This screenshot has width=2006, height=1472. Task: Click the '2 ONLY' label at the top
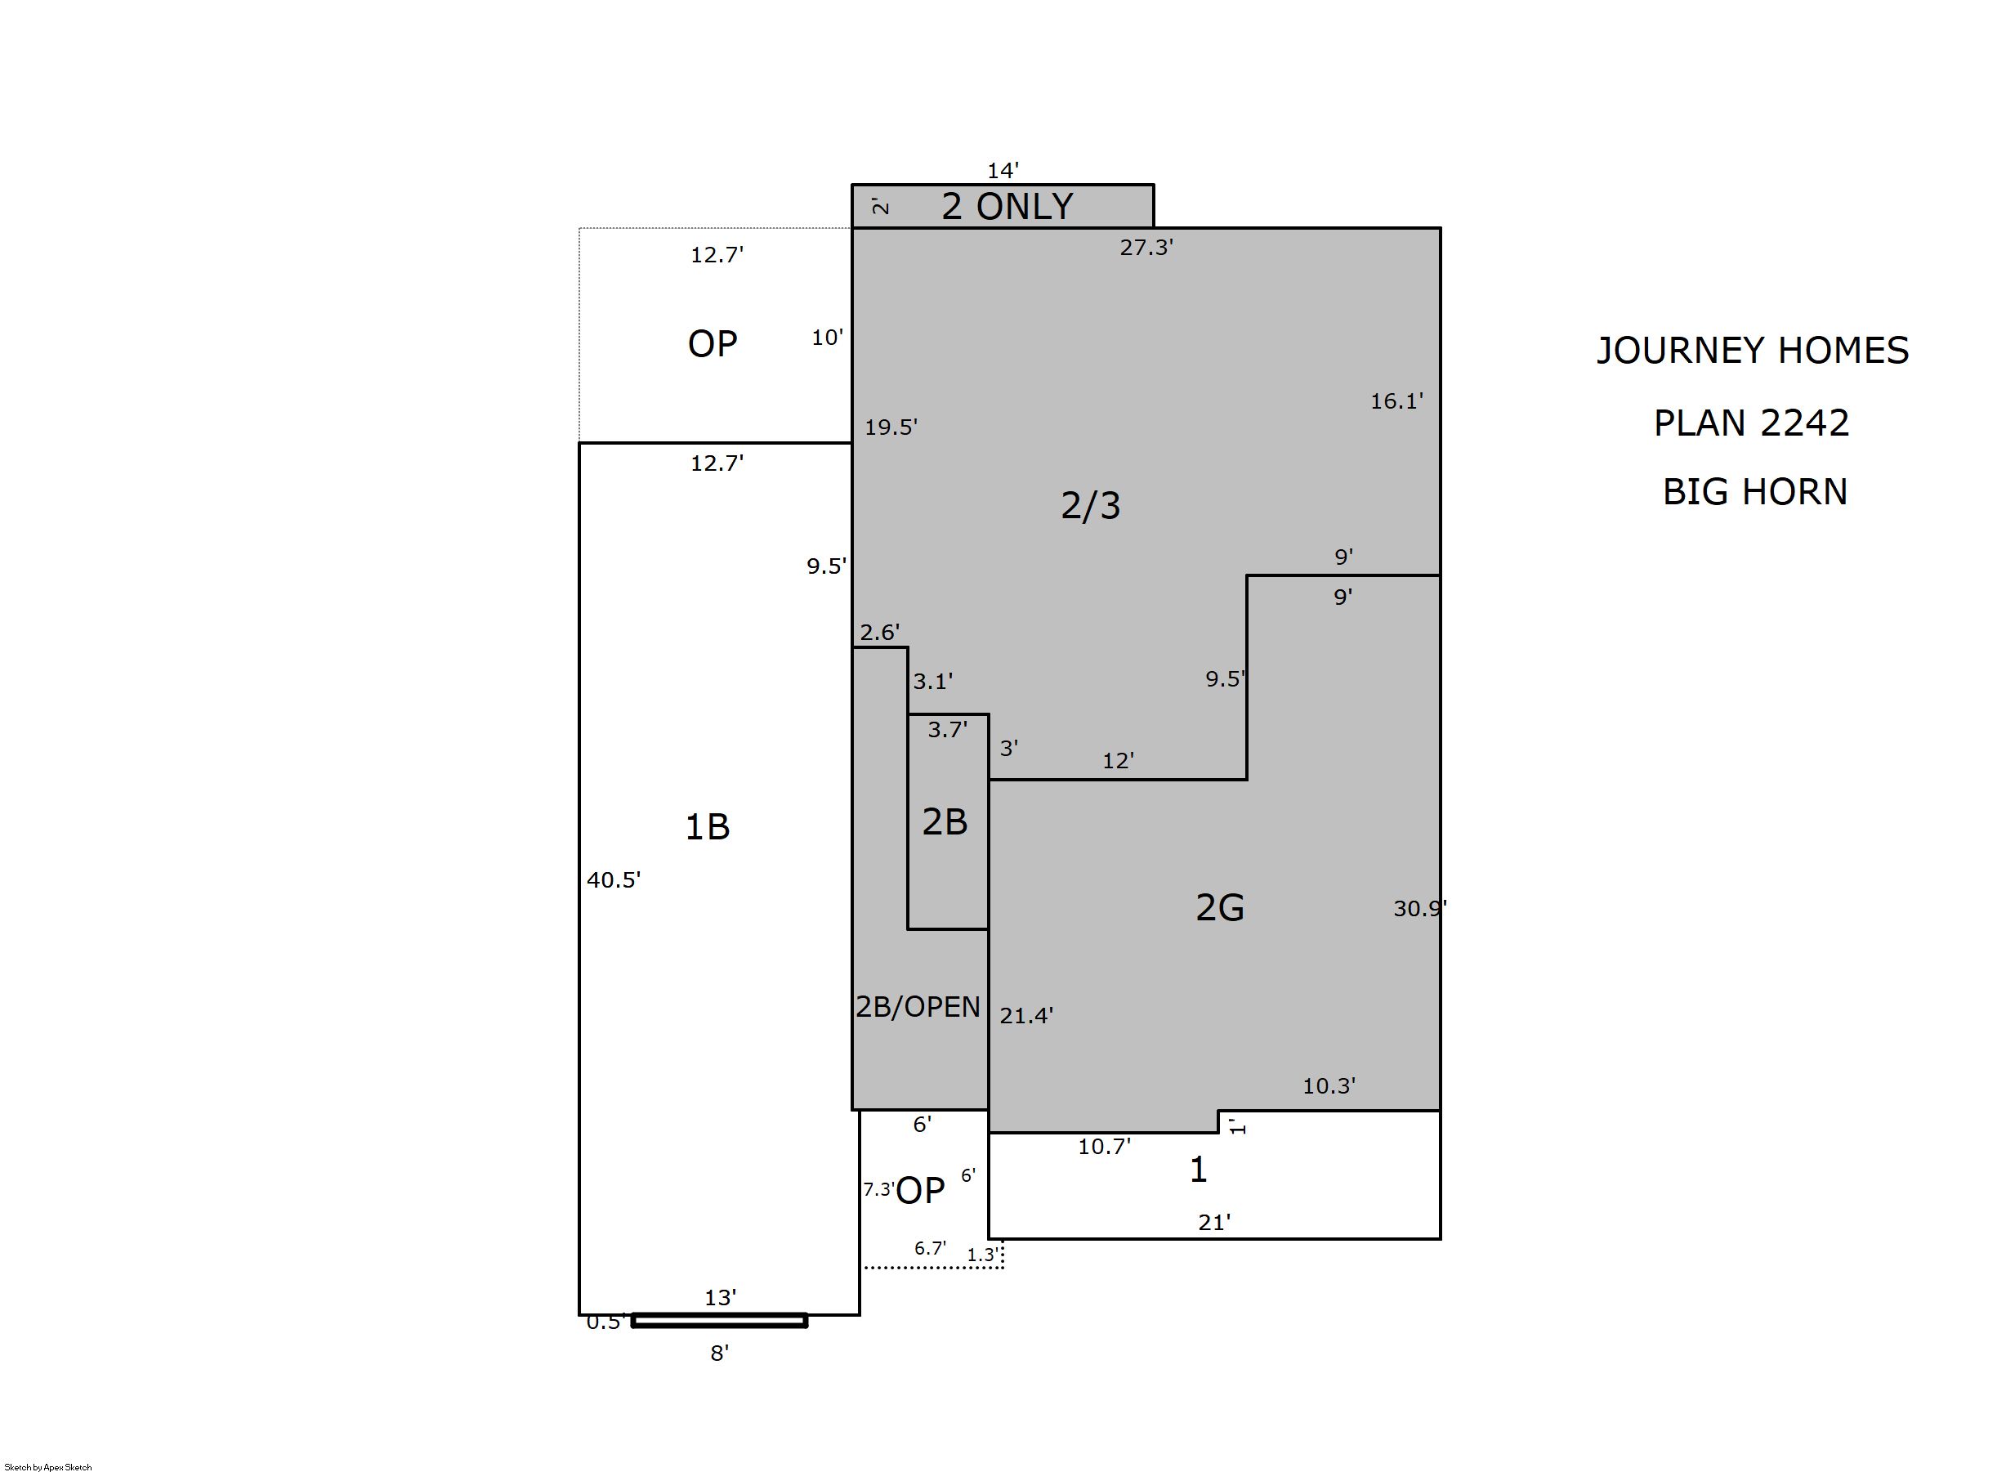[1007, 207]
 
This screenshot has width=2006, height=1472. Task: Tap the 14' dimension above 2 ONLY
[1003, 169]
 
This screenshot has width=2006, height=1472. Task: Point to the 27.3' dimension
[1146, 248]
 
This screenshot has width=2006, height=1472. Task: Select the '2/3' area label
[1091, 505]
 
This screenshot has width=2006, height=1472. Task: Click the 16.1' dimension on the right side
[1396, 401]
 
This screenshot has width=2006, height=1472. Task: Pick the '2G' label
[1219, 907]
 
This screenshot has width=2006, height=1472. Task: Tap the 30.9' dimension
[1420, 908]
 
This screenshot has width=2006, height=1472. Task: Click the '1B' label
[708, 827]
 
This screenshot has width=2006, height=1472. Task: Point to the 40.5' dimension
[614, 879]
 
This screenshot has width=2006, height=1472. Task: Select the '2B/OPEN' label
[918, 1007]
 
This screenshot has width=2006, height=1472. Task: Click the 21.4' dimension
[1026, 1015]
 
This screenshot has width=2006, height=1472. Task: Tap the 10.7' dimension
[1105, 1146]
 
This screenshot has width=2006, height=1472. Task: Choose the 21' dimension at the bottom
[1214, 1222]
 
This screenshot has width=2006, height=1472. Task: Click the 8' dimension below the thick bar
[720, 1353]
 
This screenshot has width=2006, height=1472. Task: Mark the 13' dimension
[721, 1297]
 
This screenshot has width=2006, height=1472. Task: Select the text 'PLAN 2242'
[1752, 423]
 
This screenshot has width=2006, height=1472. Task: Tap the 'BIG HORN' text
[1755, 492]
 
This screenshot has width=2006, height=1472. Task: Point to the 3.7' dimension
[947, 730]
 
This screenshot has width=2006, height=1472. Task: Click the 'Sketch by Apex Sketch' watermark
[48, 1466]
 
